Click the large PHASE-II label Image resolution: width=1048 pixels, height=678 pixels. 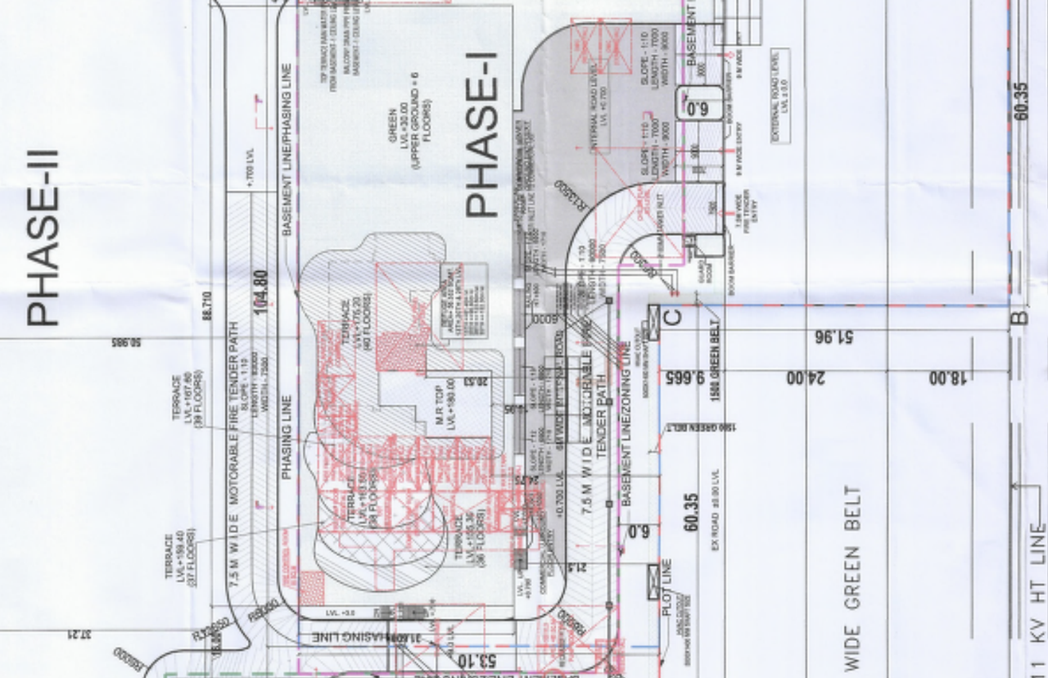tap(43, 237)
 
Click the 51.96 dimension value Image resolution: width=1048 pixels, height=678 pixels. tap(836, 337)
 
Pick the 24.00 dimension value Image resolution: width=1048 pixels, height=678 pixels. tap(806, 377)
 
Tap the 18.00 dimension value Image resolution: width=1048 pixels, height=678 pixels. tap(949, 377)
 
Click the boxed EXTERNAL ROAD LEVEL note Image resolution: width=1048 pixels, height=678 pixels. tap(780, 97)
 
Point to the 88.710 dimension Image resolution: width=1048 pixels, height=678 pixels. tap(206, 305)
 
